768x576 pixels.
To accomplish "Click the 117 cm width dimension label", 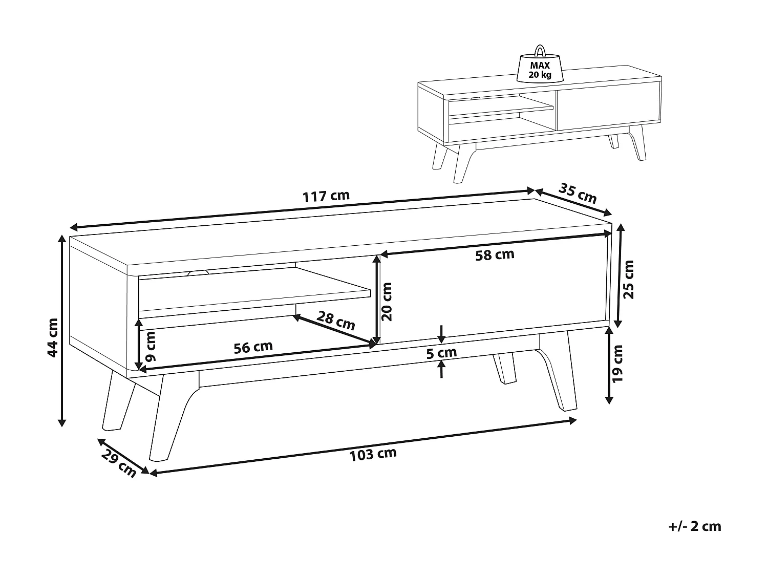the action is pos(326,197).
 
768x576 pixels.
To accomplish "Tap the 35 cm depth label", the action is pos(578,193).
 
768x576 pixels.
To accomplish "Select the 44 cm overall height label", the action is pos(53,337).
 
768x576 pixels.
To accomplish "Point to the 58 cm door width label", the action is pos(495,255).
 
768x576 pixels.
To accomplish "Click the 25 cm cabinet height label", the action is pos(628,280).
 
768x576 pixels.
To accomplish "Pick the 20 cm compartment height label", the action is pos(387,302).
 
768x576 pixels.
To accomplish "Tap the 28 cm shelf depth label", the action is pos(336,321).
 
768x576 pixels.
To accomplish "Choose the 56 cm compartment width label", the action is pos(253,347).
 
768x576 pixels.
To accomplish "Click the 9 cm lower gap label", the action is pos(150,347).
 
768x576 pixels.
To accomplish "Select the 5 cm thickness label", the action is pos(441,353).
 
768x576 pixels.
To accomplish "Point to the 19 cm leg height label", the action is pos(618,364).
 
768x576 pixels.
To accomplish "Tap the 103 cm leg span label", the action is pos(373,454).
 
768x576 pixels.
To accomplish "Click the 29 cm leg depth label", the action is pos(119,463).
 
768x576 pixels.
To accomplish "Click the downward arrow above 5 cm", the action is pos(441,334).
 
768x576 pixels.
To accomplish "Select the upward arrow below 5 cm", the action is pos(441,369).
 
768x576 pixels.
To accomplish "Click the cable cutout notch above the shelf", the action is pos(198,272).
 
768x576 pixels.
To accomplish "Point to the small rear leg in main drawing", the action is pos(504,369).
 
